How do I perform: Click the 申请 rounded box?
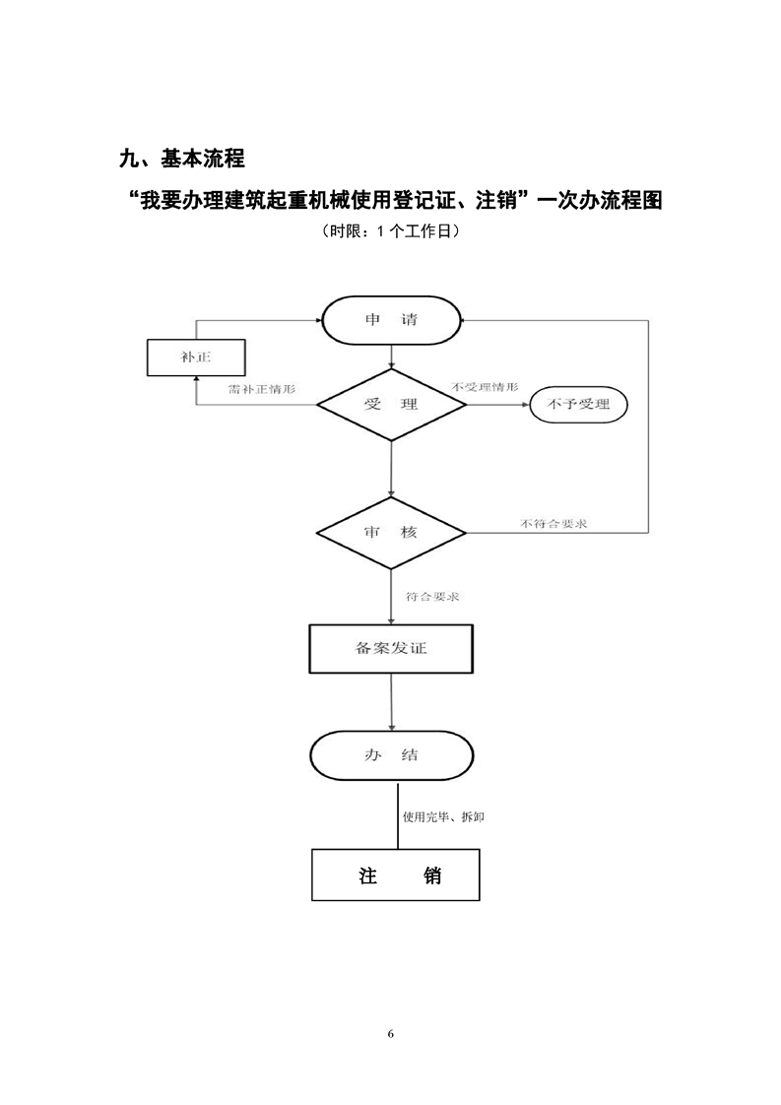[x=392, y=321]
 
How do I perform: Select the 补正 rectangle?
[x=195, y=357]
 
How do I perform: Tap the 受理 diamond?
[x=391, y=405]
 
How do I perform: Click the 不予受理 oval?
[x=579, y=404]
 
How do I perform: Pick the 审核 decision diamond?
[x=391, y=533]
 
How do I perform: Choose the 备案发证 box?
[x=391, y=648]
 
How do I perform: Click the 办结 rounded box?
[x=391, y=755]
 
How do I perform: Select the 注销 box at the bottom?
[x=396, y=875]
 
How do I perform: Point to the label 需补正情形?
[x=261, y=389]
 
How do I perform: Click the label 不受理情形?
[x=485, y=386]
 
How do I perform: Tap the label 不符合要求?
[x=553, y=523]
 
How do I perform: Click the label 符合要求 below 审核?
[x=434, y=597]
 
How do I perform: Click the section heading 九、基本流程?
[x=180, y=158]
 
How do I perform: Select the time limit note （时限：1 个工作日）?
[x=390, y=232]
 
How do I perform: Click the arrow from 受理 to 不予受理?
[x=498, y=404]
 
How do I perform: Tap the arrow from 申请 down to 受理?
[x=392, y=356]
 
